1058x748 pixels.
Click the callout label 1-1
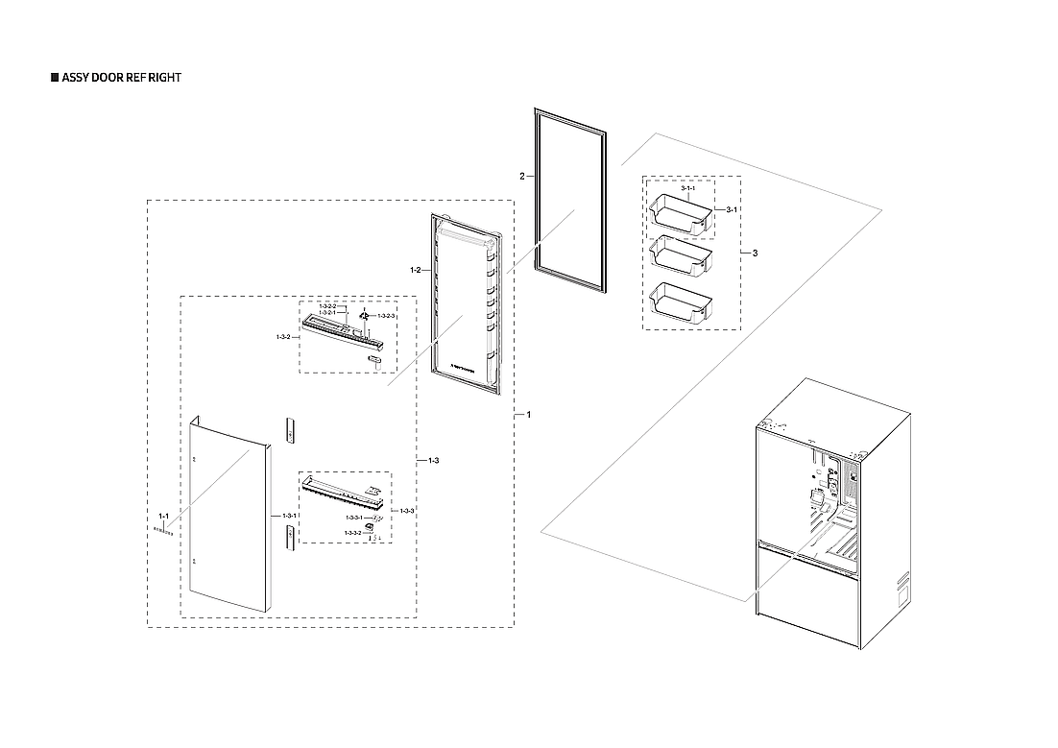[x=163, y=517]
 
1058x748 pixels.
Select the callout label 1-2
[x=416, y=271]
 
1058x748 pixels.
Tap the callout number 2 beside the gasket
[x=521, y=177]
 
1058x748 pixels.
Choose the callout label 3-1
[x=731, y=209]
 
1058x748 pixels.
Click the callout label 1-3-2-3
[x=387, y=316]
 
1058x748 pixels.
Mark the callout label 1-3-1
[x=289, y=516]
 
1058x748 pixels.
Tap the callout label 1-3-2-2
[x=326, y=306]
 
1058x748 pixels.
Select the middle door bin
[x=683, y=256]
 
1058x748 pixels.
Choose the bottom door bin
[x=683, y=300]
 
